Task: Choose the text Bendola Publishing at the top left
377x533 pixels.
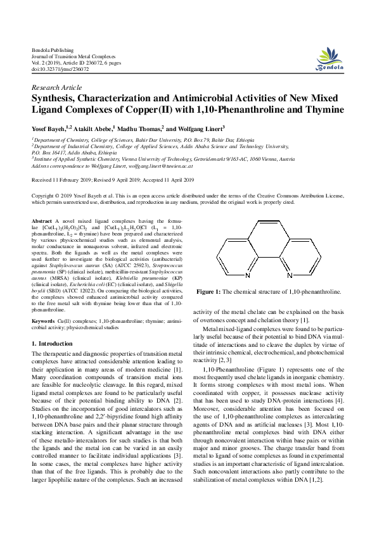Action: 53,49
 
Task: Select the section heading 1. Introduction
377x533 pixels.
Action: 52,343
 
